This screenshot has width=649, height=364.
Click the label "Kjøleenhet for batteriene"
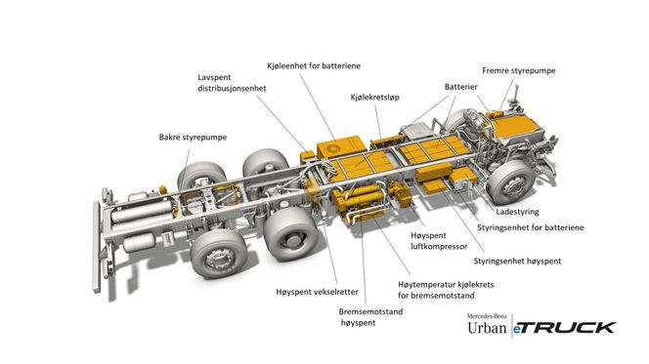click(x=314, y=65)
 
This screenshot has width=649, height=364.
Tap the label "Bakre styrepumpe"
click(x=193, y=138)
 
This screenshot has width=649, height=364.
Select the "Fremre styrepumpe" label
click(x=519, y=70)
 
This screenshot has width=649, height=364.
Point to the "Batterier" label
click(x=460, y=87)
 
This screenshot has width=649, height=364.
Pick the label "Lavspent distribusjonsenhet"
click(x=232, y=83)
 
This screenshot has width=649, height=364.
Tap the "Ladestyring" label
click(x=517, y=212)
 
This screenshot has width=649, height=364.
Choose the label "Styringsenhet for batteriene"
click(x=531, y=227)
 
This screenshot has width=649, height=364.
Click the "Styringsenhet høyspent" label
click(x=517, y=262)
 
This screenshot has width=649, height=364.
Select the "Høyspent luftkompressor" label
click(x=439, y=241)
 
